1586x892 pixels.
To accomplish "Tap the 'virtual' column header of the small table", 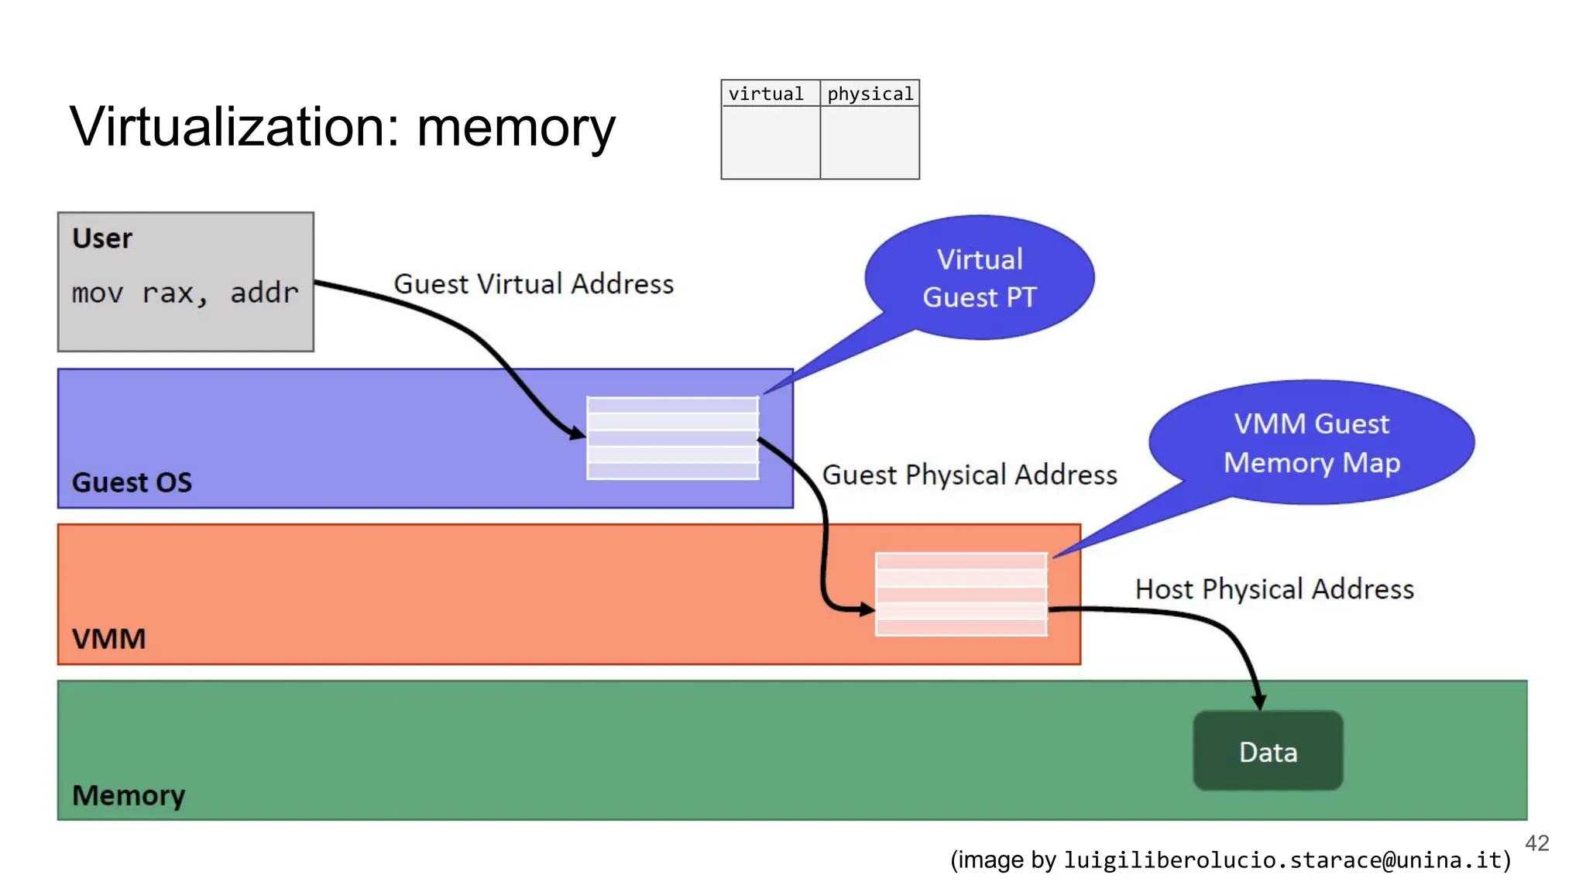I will (766, 94).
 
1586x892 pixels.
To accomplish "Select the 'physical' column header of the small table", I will (870, 94).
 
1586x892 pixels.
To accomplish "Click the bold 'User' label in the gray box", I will (102, 238).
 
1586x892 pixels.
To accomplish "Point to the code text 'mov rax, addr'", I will (185, 293).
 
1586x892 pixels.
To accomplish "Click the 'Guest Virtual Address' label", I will (534, 284).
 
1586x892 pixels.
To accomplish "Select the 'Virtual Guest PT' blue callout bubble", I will (980, 278).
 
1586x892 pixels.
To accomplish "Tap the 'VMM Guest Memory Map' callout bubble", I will (1312, 443).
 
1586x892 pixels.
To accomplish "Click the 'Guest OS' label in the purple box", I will (132, 482).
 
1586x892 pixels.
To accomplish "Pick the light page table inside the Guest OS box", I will (672, 438).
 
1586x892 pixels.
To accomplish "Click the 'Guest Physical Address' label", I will (970, 475).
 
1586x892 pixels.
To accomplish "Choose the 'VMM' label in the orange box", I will (108, 639).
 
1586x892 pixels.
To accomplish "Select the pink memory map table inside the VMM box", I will (961, 595).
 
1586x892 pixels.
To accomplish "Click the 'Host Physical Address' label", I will (1275, 589).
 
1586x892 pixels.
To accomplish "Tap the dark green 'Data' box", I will (1268, 751).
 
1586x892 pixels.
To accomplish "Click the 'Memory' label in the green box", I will (129, 795).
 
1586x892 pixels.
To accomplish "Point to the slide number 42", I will (1536, 843).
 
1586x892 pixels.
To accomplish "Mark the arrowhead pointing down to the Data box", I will (1259, 701).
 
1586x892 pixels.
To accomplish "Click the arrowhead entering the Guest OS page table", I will (577, 434).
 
